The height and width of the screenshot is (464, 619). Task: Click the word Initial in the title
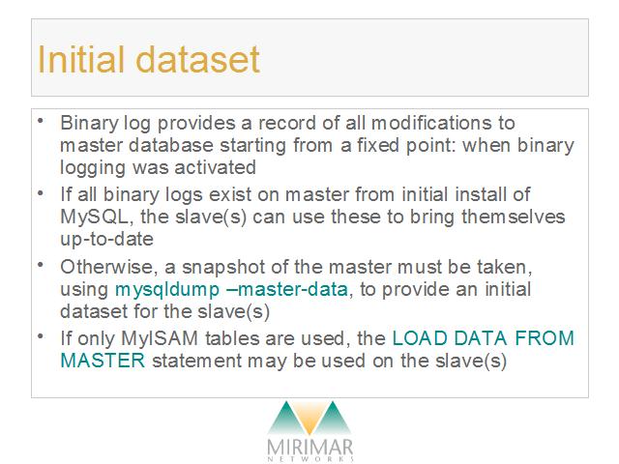point(81,59)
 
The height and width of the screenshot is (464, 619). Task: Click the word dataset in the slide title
point(197,59)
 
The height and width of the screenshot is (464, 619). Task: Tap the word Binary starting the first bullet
point(89,124)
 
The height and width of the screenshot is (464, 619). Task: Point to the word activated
point(215,167)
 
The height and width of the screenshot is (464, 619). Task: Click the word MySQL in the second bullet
point(95,217)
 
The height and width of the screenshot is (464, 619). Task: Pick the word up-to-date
point(106,240)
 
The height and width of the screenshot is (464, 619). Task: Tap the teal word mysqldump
point(167,290)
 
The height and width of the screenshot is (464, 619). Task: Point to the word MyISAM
point(160,338)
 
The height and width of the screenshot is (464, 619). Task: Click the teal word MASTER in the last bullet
point(103,361)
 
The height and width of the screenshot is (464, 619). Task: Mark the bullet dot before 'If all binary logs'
point(41,193)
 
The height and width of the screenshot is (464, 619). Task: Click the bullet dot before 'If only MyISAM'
point(41,336)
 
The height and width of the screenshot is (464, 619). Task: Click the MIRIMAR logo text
point(309,448)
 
